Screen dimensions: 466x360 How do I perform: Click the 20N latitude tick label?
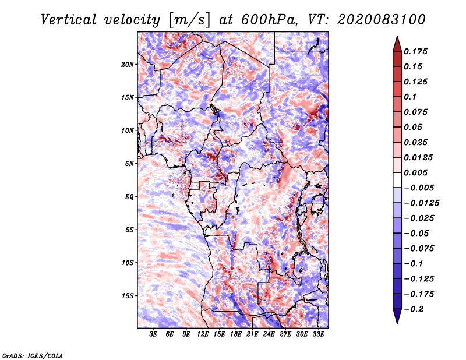pyautogui.click(x=127, y=65)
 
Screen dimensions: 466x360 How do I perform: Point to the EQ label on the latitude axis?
pyautogui.click(x=129, y=197)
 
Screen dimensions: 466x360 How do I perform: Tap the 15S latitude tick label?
pyautogui.click(x=127, y=296)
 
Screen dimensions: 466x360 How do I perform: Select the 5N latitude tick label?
pyautogui.click(x=129, y=164)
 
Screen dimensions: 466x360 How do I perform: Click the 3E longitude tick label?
pyautogui.click(x=153, y=334)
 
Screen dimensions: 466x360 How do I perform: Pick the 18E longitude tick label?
pyautogui.click(x=235, y=334)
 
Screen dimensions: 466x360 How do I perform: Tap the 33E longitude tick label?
pyautogui.click(x=318, y=334)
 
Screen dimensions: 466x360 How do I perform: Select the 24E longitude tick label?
pyautogui.click(x=269, y=334)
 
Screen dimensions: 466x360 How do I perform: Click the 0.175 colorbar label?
pyautogui.click(x=415, y=51)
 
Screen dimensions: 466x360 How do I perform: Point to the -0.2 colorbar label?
pyautogui.click(x=414, y=309)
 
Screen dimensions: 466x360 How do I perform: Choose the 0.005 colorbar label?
pyautogui.click(x=415, y=172)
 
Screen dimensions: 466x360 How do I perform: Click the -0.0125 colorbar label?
pyautogui.click(x=421, y=203)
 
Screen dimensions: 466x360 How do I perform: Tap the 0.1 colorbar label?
pyautogui.click(x=410, y=97)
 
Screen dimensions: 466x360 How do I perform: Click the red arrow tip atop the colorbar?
pyautogui.click(x=397, y=36)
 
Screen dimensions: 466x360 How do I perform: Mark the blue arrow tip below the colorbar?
pyautogui.click(x=397, y=323)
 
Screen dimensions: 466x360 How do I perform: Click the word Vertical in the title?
pyautogui.click(x=69, y=20)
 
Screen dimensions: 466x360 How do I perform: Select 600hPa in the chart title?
pyautogui.click(x=269, y=20)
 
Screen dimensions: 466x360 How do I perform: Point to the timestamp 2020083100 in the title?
pyautogui.click(x=381, y=20)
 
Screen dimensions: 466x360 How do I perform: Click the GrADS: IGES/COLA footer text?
pyautogui.click(x=33, y=356)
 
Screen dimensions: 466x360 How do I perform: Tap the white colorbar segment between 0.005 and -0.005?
pyautogui.click(x=397, y=180)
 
